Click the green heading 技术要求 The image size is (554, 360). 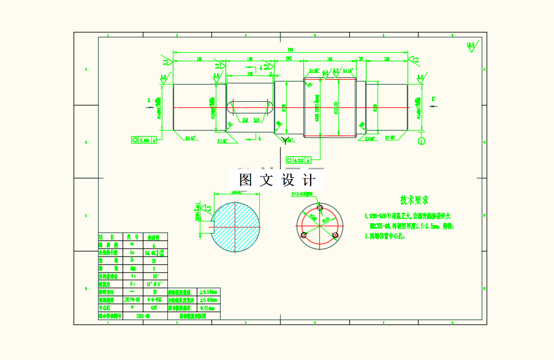414,201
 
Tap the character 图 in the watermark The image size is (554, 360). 246,180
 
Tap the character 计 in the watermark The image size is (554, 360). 309,180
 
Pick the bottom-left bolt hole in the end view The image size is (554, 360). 303,235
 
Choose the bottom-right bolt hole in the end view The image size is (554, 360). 335,235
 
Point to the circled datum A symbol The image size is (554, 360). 421,141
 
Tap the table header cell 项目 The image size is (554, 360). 110,237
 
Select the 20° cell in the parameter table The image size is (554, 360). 155,275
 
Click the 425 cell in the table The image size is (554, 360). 154,308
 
